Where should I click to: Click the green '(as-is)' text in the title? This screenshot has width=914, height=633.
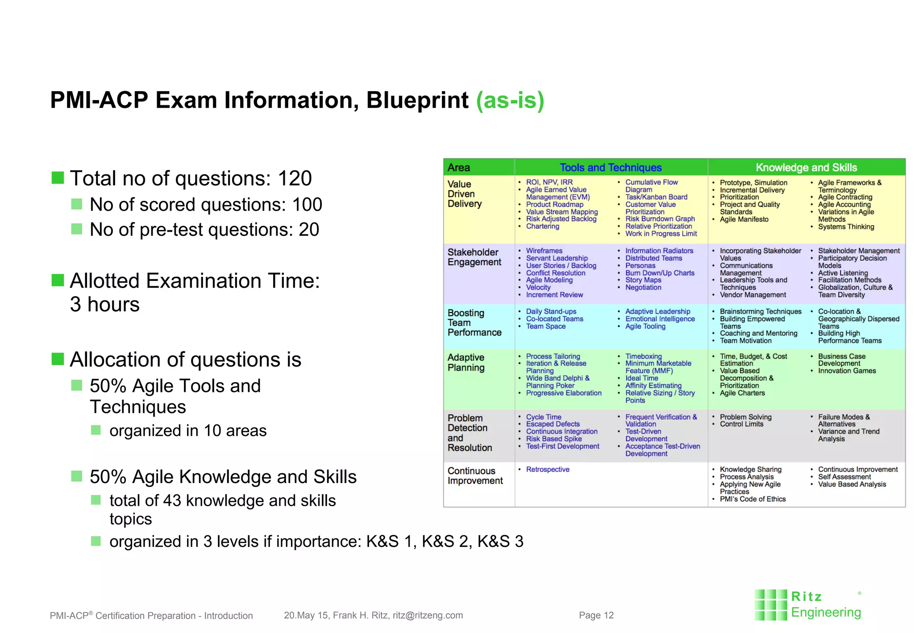[x=510, y=100]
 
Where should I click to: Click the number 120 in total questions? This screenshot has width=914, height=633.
[x=295, y=179]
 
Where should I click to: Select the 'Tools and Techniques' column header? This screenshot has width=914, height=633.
[x=611, y=167]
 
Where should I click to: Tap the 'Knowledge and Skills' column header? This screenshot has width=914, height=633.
[x=806, y=167]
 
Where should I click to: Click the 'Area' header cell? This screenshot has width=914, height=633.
[x=459, y=168]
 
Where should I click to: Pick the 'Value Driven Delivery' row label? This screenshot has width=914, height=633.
[x=465, y=194]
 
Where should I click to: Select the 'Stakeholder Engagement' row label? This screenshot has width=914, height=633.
[x=474, y=257]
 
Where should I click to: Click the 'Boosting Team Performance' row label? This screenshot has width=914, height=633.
[x=474, y=323]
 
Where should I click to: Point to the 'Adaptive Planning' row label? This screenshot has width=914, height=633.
[x=466, y=362]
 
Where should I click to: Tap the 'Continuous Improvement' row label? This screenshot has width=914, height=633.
[x=475, y=476]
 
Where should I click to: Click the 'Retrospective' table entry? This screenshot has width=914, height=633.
[x=548, y=470]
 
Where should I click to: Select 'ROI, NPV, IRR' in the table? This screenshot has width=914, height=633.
[x=549, y=182]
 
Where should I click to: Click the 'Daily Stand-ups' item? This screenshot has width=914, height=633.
[x=551, y=312]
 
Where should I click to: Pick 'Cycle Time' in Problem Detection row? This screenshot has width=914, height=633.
[x=544, y=417]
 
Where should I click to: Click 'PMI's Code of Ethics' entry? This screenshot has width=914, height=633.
[x=752, y=499]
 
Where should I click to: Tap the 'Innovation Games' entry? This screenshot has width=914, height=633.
[x=847, y=371]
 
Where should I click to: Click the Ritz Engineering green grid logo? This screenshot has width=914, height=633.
[x=771, y=605]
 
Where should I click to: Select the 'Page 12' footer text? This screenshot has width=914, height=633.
[x=596, y=616]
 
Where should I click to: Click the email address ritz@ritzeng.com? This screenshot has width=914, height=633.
[x=428, y=616]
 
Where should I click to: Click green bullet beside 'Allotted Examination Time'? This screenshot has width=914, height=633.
[x=58, y=280]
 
